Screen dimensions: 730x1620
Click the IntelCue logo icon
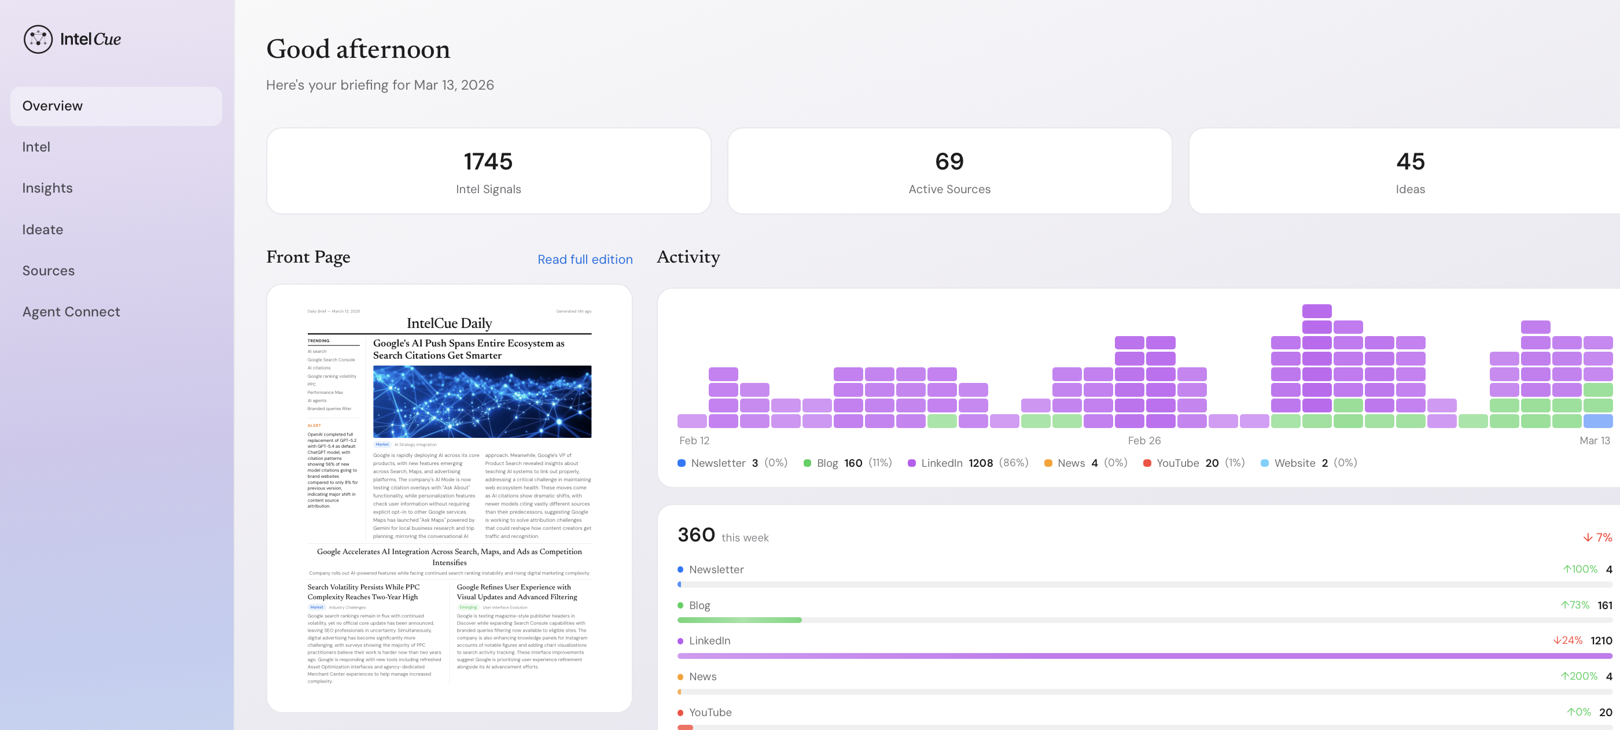tap(38, 39)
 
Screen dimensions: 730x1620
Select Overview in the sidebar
tap(53, 106)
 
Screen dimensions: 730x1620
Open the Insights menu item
tap(47, 188)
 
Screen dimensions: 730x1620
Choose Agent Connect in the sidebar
tap(71, 312)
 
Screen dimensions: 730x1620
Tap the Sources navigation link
tap(49, 270)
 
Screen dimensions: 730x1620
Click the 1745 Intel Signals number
tap(488, 161)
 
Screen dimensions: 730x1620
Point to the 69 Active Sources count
tap(949, 161)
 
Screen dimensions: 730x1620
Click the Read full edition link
tap(585, 260)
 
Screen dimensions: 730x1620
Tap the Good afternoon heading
tap(358, 49)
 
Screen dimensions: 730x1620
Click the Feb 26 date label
tap(1144, 441)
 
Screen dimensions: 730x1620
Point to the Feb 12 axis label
tap(694, 441)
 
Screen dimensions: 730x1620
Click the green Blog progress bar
tap(739, 620)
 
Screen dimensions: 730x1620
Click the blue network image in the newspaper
tap(482, 402)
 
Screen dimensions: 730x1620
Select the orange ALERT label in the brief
tap(314, 426)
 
